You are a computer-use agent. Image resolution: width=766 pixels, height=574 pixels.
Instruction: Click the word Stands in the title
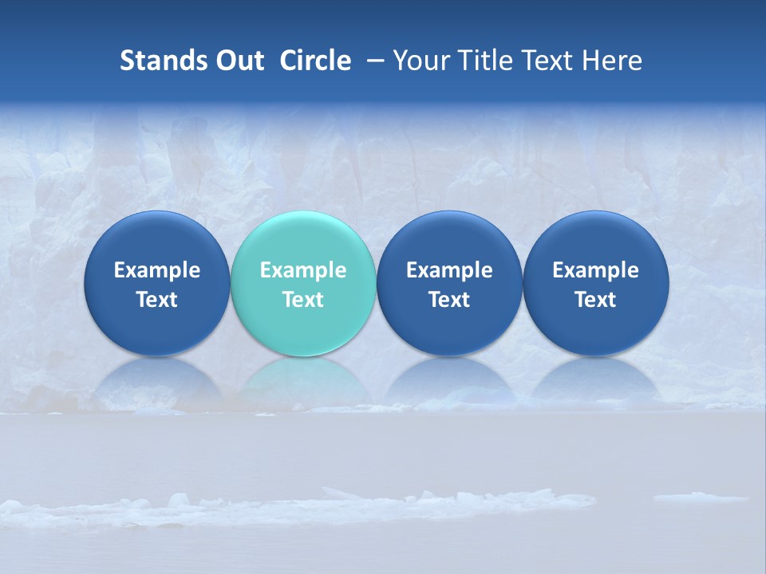(163, 61)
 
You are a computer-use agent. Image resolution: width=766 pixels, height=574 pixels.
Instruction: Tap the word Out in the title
(239, 61)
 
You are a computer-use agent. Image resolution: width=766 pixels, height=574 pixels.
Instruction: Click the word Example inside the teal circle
(303, 270)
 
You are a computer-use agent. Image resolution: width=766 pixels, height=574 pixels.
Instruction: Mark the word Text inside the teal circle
(303, 300)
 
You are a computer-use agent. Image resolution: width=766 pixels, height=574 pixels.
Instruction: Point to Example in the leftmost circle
(157, 270)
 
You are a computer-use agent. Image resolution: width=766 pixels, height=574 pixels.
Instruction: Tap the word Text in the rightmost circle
(596, 300)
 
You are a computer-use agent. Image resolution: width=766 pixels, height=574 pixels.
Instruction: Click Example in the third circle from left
(449, 270)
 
